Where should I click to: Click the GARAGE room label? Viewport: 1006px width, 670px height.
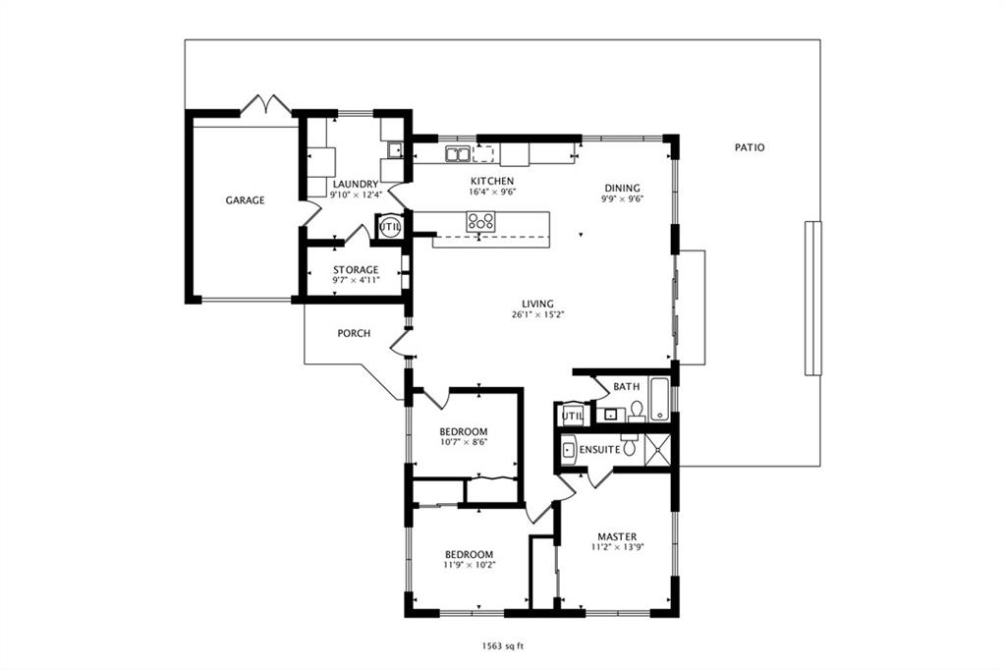[x=245, y=200]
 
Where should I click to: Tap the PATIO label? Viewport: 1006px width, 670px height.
[x=750, y=147]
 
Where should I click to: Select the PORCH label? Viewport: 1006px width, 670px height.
[x=354, y=334]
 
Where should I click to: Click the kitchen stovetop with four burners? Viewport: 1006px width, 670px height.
[x=481, y=222]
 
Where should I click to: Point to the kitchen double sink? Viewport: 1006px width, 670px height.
[x=458, y=154]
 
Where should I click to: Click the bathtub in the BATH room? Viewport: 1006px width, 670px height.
[x=659, y=399]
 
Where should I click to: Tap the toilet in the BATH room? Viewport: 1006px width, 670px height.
[x=637, y=411]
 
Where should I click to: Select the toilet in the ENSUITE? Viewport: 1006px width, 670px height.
[x=630, y=446]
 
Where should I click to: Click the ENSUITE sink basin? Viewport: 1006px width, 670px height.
[x=569, y=450]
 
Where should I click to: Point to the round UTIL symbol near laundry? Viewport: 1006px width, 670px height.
[x=389, y=227]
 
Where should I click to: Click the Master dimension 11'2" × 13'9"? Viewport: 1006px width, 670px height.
[x=617, y=547]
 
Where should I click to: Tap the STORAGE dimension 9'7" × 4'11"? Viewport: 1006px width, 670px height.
[x=356, y=280]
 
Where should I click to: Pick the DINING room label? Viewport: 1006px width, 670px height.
[x=622, y=188]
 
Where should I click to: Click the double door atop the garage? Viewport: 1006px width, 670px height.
[x=265, y=104]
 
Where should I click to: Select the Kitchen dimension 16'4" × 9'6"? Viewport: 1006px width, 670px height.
[x=493, y=192]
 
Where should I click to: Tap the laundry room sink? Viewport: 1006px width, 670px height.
[x=395, y=150]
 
